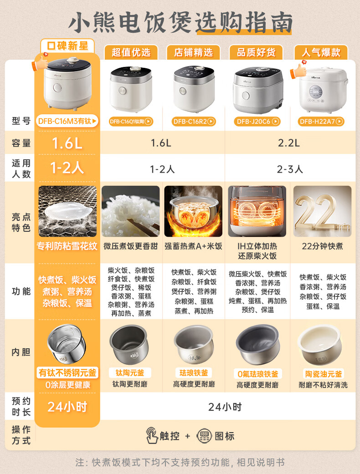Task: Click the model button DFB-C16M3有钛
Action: pos(67,121)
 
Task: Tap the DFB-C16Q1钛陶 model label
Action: pos(131,122)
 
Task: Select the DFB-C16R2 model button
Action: pos(194,122)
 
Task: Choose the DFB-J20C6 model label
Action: pos(257,122)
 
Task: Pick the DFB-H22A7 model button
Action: pos(321,122)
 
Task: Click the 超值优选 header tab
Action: pos(131,52)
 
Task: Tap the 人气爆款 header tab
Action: pos(321,52)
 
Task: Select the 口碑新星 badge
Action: pos(67,46)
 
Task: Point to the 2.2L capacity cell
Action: pos(289,143)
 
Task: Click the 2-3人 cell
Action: pos(290,169)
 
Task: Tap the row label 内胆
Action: pos(21,352)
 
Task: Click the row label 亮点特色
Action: pos(21,222)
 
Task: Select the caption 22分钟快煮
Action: pos(323,246)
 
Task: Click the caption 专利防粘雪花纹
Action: pos(67,246)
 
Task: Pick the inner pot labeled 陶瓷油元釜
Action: pos(320,345)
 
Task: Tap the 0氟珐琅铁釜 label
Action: pos(258,374)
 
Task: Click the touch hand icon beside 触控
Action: pos(152,435)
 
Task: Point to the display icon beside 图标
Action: pos(204,436)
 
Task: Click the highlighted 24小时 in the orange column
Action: pos(67,407)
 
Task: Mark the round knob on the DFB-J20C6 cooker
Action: pos(246,96)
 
